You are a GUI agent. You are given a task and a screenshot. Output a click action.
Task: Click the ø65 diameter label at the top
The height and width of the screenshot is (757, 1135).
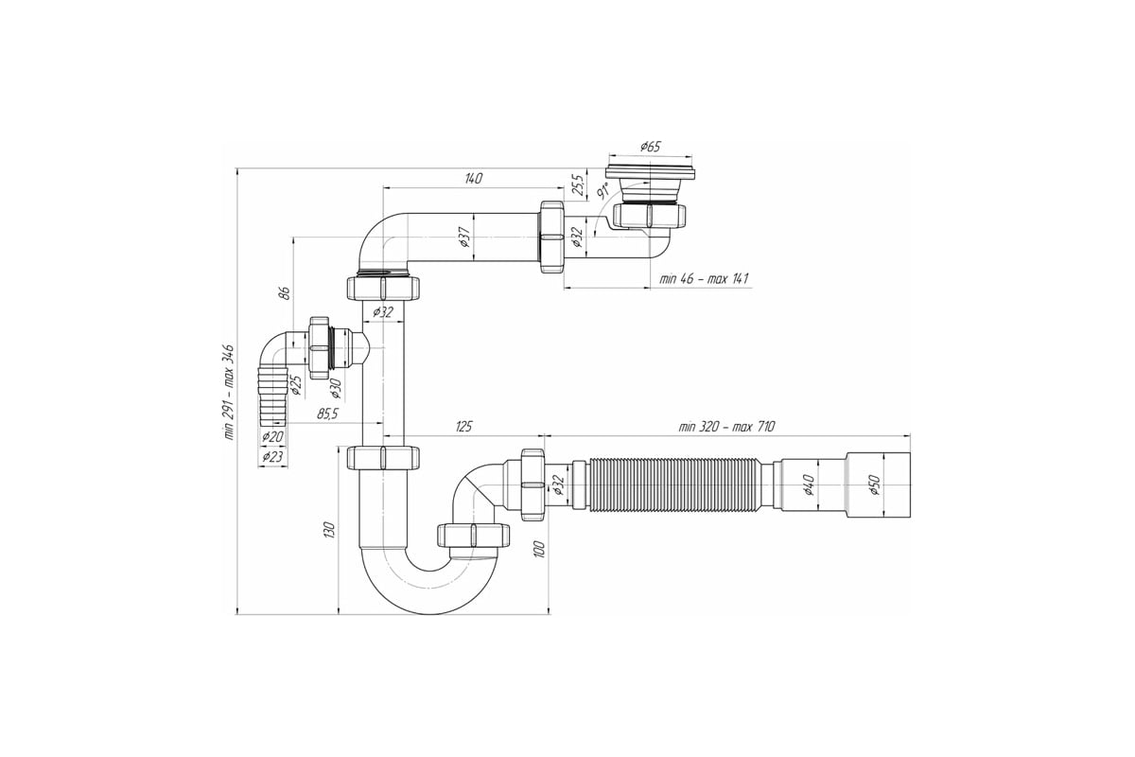650,147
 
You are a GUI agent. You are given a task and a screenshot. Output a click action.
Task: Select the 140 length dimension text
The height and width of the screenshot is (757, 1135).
473,178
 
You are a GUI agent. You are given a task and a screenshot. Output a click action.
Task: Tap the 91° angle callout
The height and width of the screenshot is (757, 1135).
602,192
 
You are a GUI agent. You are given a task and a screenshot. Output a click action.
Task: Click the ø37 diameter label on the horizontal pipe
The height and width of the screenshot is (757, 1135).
465,237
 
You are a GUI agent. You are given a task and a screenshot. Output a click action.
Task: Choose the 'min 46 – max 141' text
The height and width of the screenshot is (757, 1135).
704,279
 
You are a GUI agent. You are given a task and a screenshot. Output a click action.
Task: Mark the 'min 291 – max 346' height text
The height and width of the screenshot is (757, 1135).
229,392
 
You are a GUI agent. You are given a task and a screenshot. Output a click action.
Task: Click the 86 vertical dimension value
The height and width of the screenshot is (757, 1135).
286,292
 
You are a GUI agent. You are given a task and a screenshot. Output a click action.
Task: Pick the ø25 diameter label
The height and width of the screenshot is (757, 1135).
295,384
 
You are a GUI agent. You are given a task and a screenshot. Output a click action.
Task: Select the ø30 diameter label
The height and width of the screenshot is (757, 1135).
336,388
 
